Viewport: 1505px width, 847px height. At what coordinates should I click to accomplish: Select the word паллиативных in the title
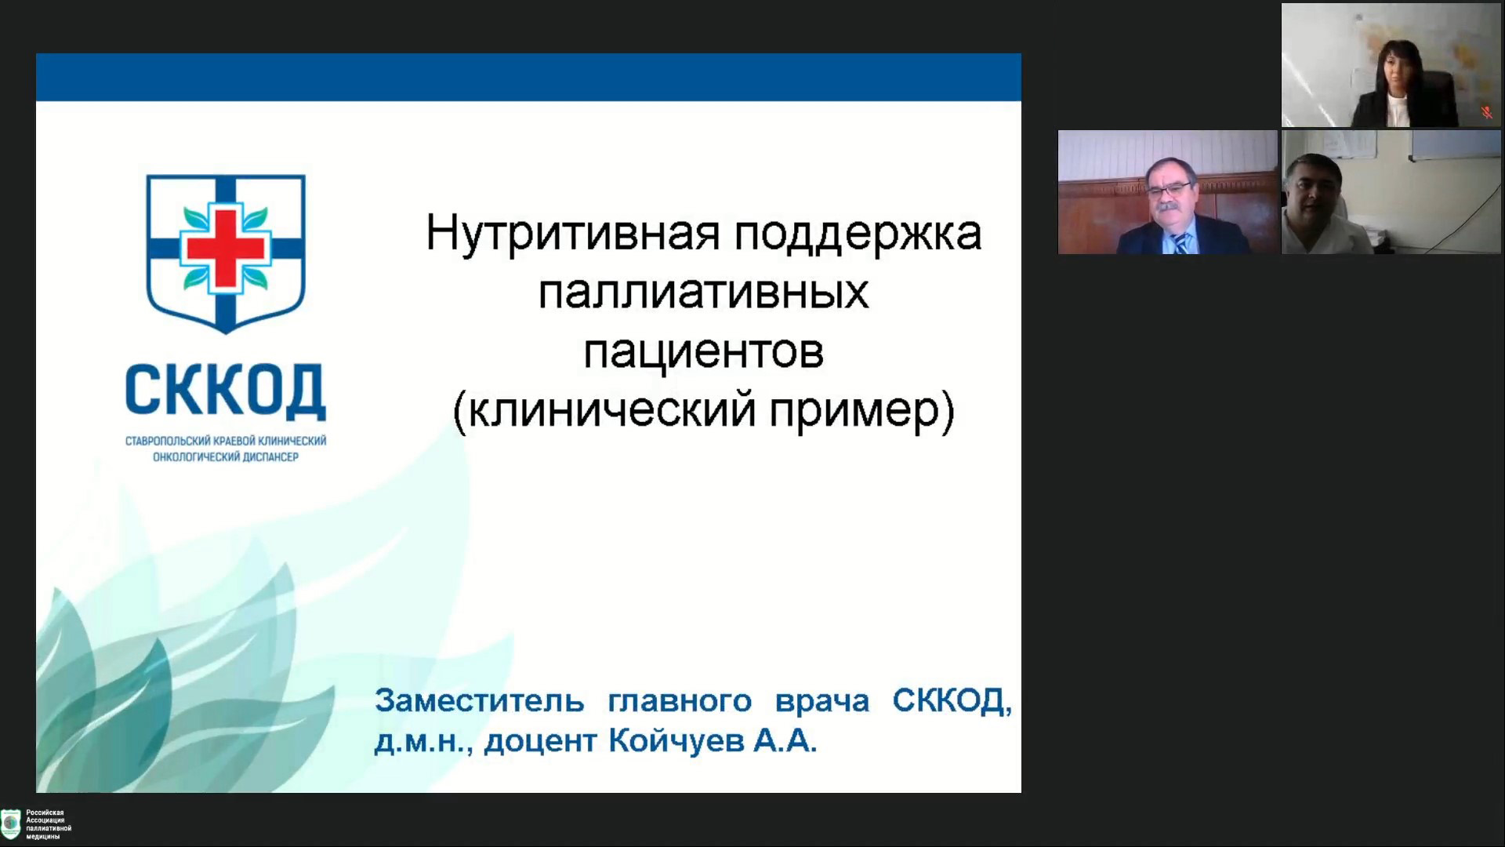[x=703, y=293]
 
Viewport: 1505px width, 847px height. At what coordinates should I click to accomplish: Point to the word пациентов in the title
[x=703, y=353]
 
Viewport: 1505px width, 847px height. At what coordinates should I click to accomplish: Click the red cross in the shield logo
[x=226, y=249]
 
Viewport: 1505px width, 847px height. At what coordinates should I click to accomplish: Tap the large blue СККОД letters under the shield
[x=226, y=391]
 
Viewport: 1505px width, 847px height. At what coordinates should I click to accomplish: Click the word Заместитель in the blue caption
[x=480, y=700]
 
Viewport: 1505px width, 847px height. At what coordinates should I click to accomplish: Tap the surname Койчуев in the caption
[x=676, y=740]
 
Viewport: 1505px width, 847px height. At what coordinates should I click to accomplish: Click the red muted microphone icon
[x=1487, y=113]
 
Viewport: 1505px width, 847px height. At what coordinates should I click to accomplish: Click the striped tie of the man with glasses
[x=1180, y=243]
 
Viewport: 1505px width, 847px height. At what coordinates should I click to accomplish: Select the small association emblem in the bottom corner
[x=11, y=824]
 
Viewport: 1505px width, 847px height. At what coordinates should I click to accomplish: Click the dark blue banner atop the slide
[x=528, y=77]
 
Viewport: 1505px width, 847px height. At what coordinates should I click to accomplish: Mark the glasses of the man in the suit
[x=1169, y=190]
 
